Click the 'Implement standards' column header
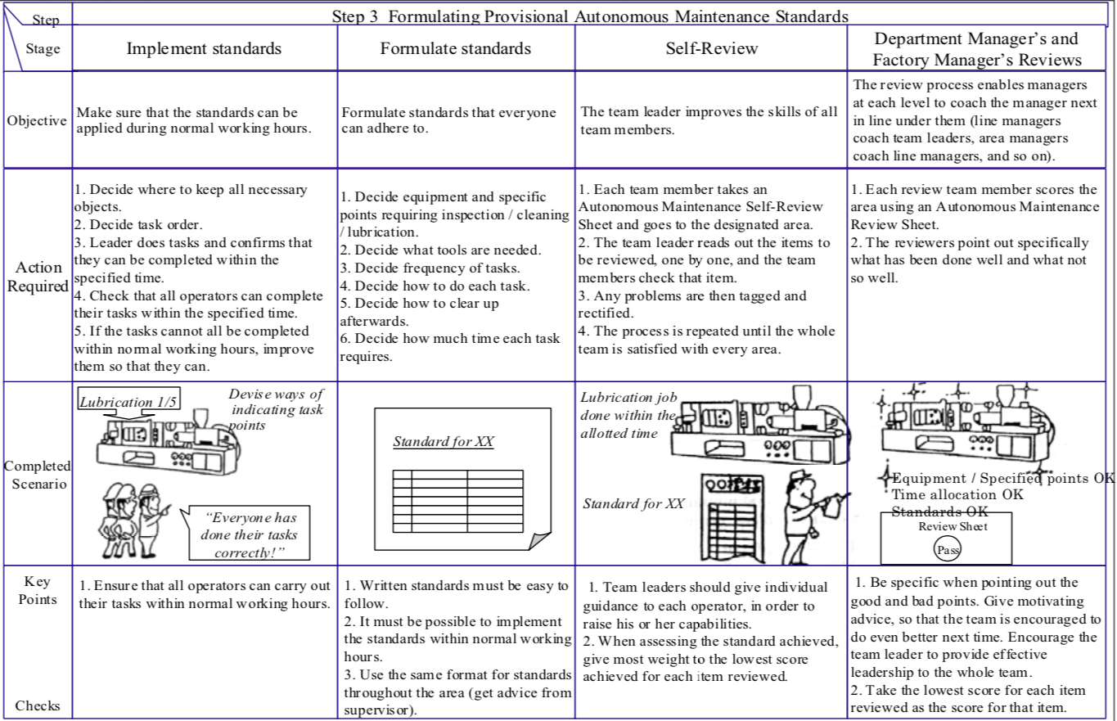tap(204, 48)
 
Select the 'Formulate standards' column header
tap(455, 48)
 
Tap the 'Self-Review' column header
tap(711, 48)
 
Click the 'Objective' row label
tap(37, 120)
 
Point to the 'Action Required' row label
tap(37, 277)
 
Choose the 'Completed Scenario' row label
tap(37, 475)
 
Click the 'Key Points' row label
tap(37, 590)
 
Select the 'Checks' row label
tap(37, 705)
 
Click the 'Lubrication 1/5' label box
tap(129, 401)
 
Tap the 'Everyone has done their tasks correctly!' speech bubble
tap(249, 534)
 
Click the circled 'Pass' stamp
tap(948, 550)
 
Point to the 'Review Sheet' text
tap(953, 526)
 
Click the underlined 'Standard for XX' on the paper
tap(443, 443)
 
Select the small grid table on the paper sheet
tap(457, 500)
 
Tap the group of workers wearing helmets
tap(134, 519)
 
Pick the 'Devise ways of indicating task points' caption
tap(275, 409)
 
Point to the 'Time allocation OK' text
tap(957, 494)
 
